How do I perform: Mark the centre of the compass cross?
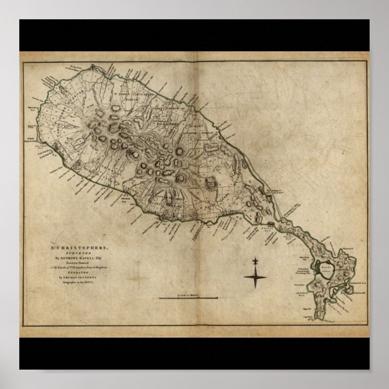(256, 277)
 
